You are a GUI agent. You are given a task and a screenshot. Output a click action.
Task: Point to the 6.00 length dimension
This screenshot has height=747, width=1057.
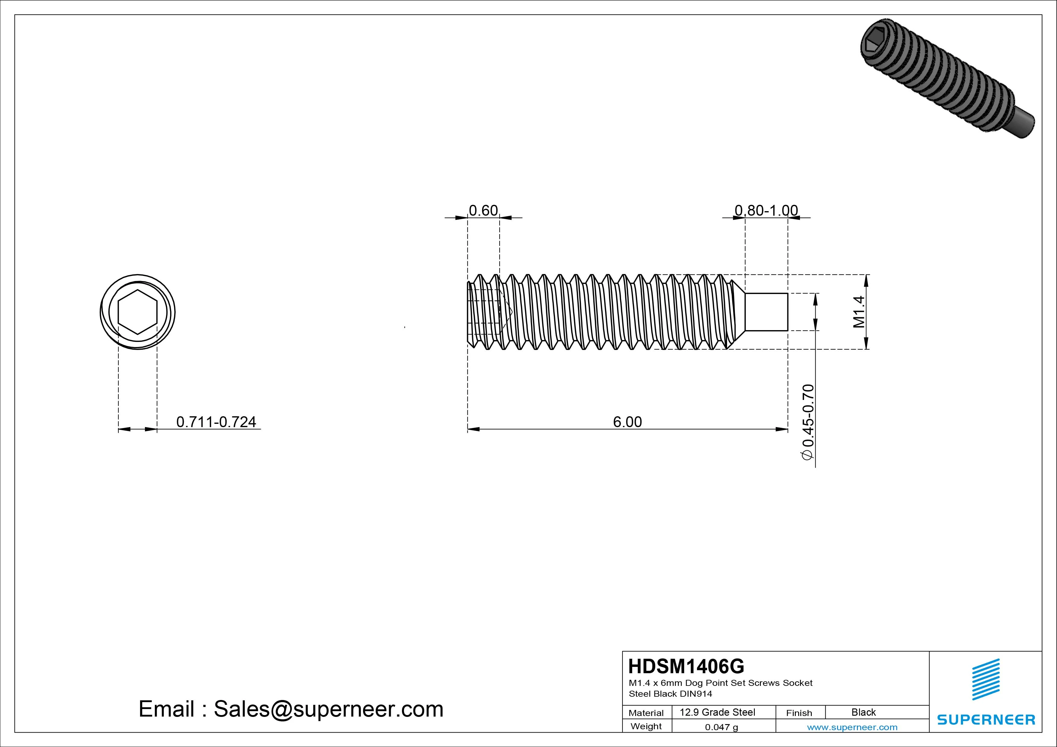(627, 422)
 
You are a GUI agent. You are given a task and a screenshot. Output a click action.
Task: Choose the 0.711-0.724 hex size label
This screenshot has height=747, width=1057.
(216, 422)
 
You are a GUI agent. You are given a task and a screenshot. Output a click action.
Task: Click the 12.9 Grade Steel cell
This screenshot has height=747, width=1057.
(717, 712)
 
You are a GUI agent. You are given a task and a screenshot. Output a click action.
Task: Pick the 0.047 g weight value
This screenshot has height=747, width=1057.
(721, 727)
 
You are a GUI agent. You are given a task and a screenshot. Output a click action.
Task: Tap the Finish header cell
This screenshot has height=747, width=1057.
(799, 713)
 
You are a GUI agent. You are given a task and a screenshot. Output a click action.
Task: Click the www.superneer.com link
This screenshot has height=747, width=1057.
(852, 727)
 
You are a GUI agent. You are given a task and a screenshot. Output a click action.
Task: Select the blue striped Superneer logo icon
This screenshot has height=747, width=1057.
(986, 679)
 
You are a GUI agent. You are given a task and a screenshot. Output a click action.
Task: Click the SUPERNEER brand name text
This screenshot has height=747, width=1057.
(986, 719)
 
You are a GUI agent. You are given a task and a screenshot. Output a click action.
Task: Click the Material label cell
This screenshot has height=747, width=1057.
(646, 713)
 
